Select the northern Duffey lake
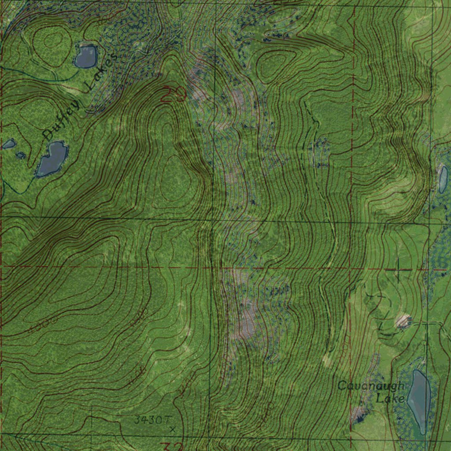click(x=85, y=56)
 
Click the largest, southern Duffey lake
click(x=52, y=159)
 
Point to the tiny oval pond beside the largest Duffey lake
click(x=20, y=155)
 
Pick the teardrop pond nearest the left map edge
click(x=9, y=144)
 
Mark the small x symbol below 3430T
click(x=172, y=428)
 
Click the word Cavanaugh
click(x=370, y=386)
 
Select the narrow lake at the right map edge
click(x=443, y=179)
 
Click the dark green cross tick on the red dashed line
click(x=398, y=269)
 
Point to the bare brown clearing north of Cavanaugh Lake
click(x=403, y=321)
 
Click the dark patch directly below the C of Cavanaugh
click(x=359, y=414)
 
